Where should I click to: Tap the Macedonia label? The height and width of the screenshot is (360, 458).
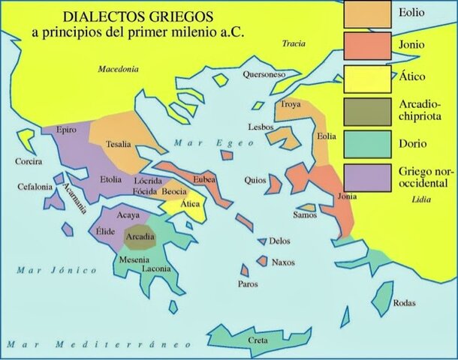pos(119,69)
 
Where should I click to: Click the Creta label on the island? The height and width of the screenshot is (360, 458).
pos(258,341)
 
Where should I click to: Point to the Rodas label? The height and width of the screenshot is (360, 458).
pos(403,304)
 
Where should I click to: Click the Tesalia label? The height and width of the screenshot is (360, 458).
pos(119,145)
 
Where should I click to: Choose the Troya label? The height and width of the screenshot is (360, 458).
pos(291,105)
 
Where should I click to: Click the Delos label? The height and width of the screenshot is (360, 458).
pos(280,241)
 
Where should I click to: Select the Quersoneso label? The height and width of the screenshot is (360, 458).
pos(264,74)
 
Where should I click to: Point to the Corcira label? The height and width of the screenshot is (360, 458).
pos(28,161)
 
